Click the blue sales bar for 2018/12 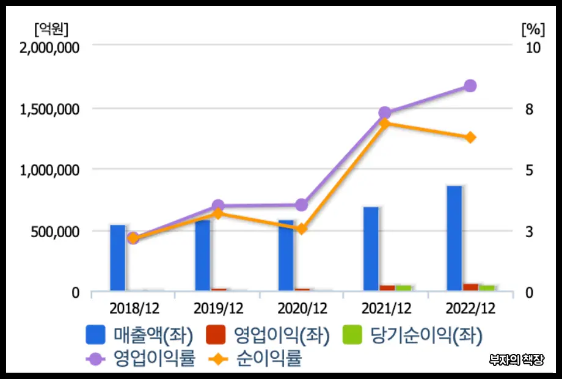117,258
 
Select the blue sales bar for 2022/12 454,238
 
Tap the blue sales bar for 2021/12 371,249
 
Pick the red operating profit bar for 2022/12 470,287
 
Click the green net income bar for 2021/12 403,287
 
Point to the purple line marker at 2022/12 470,86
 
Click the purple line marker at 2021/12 385,112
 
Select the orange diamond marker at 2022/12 470,138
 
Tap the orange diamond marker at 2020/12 301,229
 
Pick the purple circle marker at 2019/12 218,206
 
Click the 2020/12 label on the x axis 302,307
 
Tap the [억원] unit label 51,28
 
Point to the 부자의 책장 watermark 517,359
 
